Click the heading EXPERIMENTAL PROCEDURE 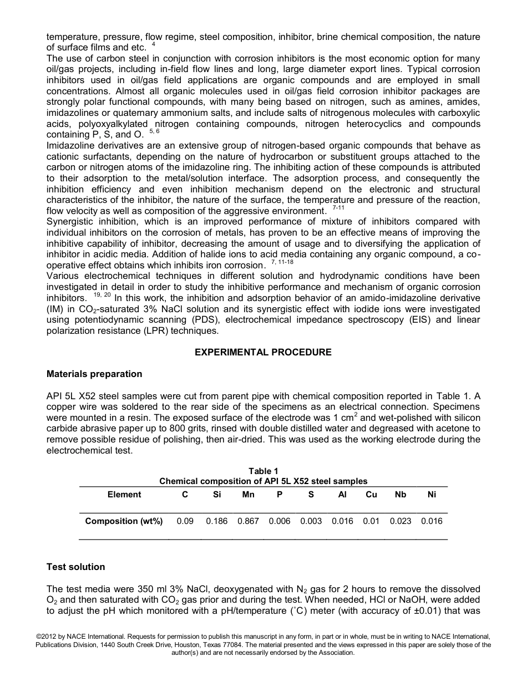click(263, 352)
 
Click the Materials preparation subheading click(94, 374)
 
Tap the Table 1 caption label click(263, 471)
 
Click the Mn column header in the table click(248, 495)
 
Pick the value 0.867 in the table click(248, 521)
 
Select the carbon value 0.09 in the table click(185, 521)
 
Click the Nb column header click(400, 495)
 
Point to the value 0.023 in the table click(400, 521)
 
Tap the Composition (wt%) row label click(124, 521)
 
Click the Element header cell click(124, 495)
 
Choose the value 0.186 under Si click(216, 521)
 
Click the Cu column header click(371, 495)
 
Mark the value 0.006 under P click(280, 521)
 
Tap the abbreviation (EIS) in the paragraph click(422, 320)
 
